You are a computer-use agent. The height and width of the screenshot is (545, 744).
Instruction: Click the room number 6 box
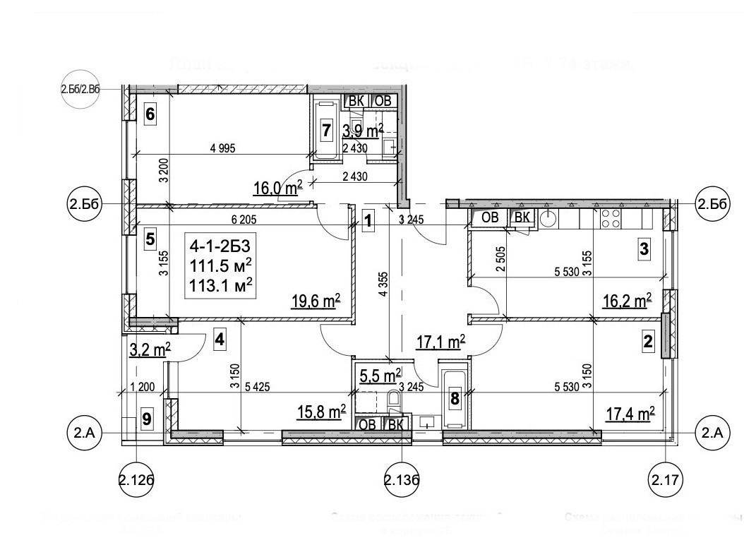tap(150, 113)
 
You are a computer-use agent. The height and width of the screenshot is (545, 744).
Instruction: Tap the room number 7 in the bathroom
tap(326, 130)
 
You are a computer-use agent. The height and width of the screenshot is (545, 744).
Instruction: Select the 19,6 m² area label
tap(316, 302)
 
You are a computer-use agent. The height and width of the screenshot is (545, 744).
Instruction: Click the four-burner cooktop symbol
tap(611, 219)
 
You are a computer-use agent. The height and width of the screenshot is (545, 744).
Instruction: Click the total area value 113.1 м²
tap(222, 285)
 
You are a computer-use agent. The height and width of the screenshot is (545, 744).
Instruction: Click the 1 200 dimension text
tap(142, 387)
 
